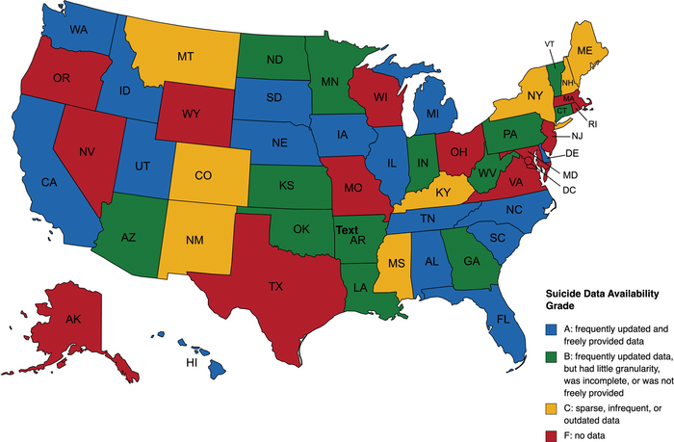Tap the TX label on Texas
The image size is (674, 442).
275,286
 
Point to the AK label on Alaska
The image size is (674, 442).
45,319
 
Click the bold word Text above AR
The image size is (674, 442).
346,229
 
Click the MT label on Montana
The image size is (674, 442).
187,58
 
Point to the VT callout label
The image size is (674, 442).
549,44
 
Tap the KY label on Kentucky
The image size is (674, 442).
442,192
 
